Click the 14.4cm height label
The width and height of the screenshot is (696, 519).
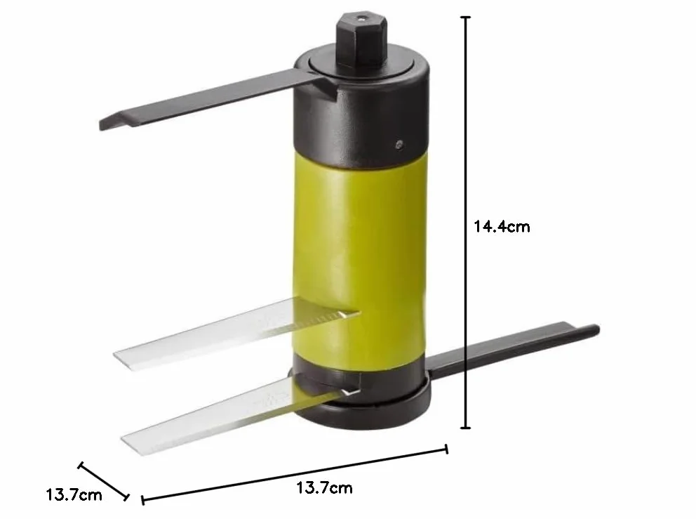[x=502, y=227]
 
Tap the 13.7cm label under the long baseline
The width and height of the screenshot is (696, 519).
[x=324, y=488]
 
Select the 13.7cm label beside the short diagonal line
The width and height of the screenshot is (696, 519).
[x=74, y=494]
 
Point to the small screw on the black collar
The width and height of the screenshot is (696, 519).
[x=399, y=144]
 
